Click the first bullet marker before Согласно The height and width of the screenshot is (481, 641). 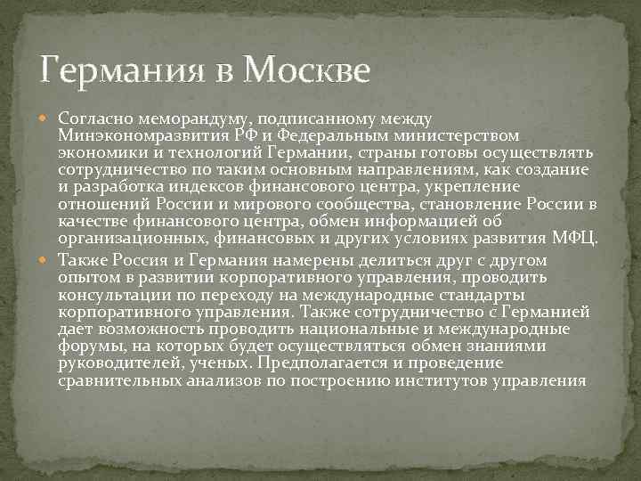coord(47,118)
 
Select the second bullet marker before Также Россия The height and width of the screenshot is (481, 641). coord(47,261)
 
